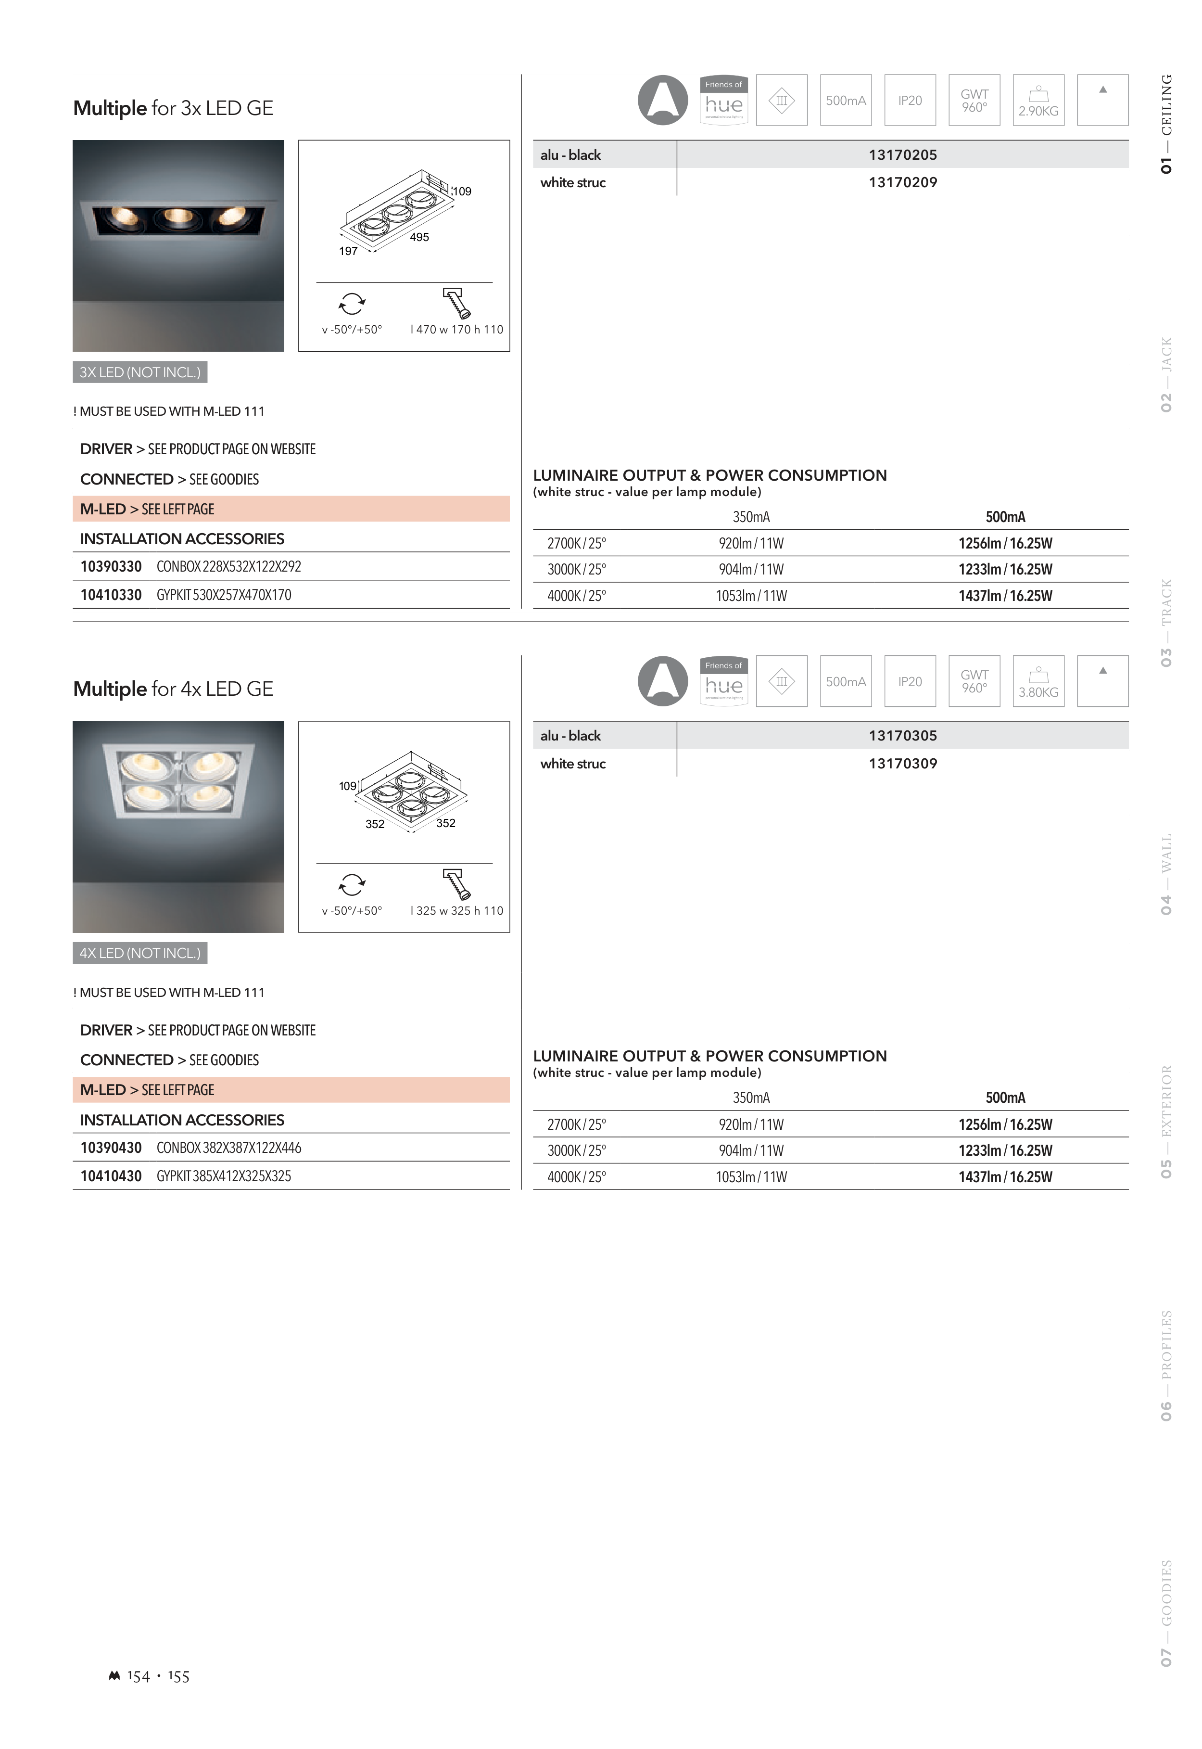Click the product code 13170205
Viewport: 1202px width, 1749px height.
tap(902, 155)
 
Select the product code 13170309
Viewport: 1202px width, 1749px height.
tap(902, 764)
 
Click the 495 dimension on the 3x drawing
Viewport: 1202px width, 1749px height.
tap(419, 237)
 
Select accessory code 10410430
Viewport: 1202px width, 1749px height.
tap(111, 1176)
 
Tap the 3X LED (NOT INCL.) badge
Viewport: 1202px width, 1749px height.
tap(140, 372)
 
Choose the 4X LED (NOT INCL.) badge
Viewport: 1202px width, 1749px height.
tap(140, 954)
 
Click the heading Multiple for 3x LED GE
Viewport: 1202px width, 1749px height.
tap(173, 108)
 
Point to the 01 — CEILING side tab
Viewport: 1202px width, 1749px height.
tap(1166, 124)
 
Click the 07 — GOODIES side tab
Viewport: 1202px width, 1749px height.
tap(1166, 1613)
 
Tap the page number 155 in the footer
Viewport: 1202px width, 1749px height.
tap(178, 1677)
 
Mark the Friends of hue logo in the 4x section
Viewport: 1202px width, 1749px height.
tap(724, 682)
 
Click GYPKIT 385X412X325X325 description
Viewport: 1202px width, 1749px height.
tap(224, 1176)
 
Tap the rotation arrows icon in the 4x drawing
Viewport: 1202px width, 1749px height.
tap(352, 884)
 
